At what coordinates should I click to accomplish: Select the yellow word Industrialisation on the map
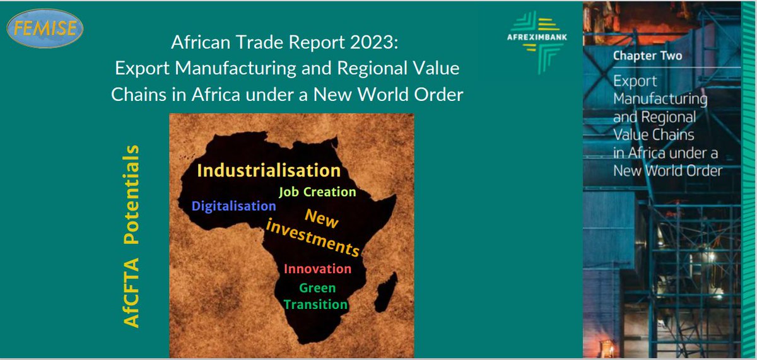(x=269, y=170)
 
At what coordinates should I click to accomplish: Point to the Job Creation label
(x=317, y=192)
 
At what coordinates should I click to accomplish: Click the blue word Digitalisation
(x=234, y=206)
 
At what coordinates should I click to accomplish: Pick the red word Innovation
(x=317, y=269)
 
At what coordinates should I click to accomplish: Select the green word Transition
(x=315, y=305)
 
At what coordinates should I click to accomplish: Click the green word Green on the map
(x=317, y=288)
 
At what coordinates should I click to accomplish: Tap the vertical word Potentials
(x=131, y=195)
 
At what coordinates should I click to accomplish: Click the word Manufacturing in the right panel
(x=660, y=99)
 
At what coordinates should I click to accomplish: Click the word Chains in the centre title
(x=136, y=95)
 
